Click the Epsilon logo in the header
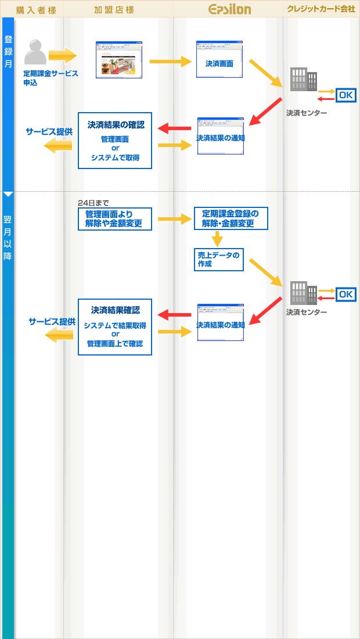[x=229, y=9]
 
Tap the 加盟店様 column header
[x=114, y=9]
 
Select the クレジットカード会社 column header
[x=321, y=9]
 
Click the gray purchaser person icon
[x=35, y=52]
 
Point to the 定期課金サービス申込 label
[x=51, y=78]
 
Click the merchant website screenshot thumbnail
[x=119, y=60]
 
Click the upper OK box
[x=345, y=95]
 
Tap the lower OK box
[x=345, y=294]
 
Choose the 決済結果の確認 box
[x=115, y=141]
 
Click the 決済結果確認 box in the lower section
[x=115, y=327]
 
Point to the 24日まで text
[x=93, y=203]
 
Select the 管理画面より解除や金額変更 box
[x=115, y=219]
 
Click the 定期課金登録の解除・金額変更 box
[x=231, y=218]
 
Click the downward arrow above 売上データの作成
[x=217, y=239]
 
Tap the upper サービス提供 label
[x=49, y=132]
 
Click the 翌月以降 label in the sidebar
[x=8, y=238]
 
